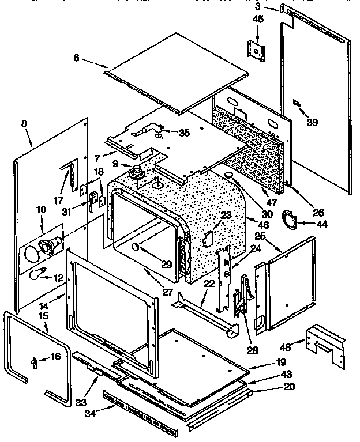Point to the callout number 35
[183, 133]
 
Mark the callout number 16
[55, 357]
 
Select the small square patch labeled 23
[209, 237]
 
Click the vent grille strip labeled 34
[138, 411]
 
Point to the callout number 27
[168, 292]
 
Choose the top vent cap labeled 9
[138, 171]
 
